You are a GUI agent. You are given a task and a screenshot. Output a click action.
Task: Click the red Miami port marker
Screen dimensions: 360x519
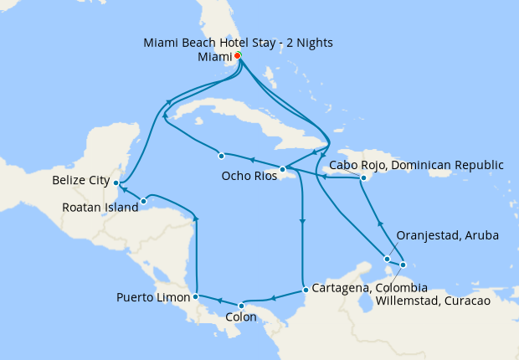point(238,56)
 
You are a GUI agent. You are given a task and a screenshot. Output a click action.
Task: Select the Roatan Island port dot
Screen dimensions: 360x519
point(144,201)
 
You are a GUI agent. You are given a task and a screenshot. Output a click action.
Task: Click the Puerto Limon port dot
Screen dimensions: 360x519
point(195,296)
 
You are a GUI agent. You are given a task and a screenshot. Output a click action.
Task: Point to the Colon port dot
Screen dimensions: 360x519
point(241,305)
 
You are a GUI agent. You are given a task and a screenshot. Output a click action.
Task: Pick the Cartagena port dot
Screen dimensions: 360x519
point(306,291)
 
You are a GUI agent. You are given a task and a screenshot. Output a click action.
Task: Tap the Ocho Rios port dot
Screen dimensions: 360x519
point(283,169)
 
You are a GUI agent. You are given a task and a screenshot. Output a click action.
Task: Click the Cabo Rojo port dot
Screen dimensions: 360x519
point(364,177)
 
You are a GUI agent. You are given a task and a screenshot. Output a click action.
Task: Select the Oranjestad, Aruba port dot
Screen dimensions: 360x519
point(387,259)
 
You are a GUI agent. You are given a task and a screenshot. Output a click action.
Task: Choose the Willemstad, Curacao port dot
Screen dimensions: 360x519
point(403,265)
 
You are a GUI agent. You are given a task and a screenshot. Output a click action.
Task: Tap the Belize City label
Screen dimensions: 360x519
point(80,180)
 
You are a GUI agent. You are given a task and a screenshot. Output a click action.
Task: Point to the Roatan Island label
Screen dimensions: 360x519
point(100,207)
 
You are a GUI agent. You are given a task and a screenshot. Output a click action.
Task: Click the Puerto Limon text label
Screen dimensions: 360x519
point(152,297)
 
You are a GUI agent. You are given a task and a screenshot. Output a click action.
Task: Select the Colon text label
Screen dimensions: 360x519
point(241,318)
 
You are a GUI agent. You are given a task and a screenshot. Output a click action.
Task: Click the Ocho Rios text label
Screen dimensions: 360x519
point(249,177)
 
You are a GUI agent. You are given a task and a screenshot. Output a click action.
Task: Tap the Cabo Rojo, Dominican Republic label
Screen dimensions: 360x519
point(417,165)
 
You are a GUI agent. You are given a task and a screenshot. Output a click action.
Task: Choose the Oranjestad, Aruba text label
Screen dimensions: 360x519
point(447,236)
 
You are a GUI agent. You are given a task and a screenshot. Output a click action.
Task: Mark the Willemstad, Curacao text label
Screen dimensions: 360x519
point(444,301)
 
